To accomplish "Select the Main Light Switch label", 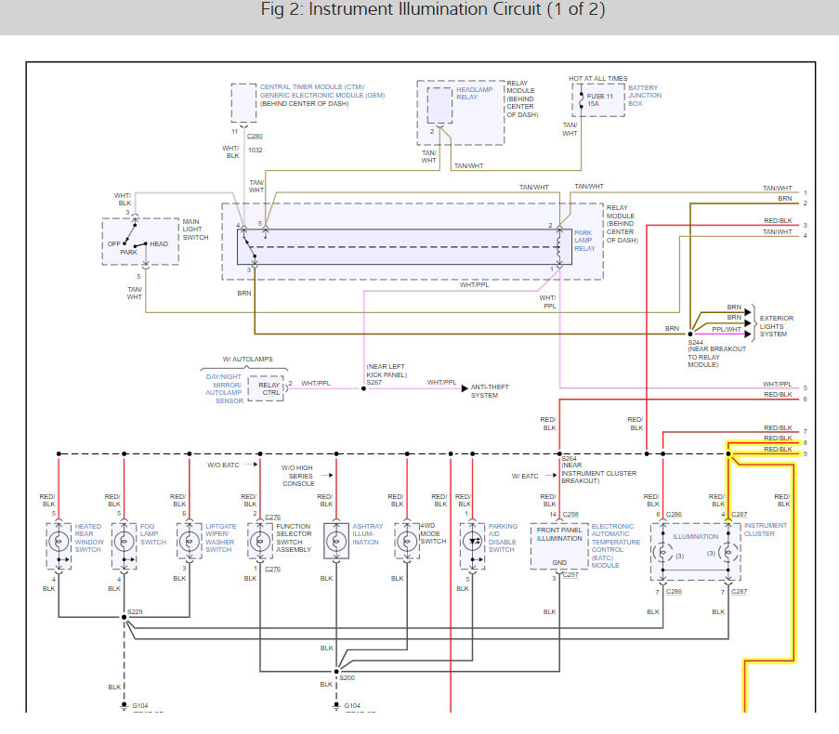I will (x=196, y=229).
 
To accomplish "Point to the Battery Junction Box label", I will (x=645, y=95).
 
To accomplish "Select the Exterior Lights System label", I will (x=777, y=326).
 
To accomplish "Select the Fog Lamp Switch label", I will (x=153, y=534).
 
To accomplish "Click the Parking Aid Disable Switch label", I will (x=504, y=538).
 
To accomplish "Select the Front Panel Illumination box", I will (x=559, y=545).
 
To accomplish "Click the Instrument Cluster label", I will (x=765, y=530).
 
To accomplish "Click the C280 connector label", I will (x=255, y=136).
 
